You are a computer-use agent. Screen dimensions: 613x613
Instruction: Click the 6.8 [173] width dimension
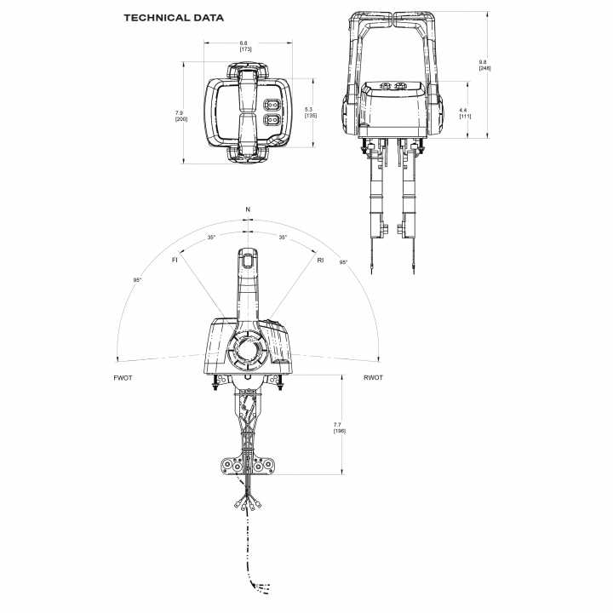pos(245,46)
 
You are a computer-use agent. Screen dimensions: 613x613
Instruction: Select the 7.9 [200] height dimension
pos(180,116)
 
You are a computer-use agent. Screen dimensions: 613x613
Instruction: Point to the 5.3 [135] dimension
pos(311,112)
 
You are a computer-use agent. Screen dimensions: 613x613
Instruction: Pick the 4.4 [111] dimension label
pos(464,112)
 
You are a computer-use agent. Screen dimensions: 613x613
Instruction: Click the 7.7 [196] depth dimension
pos(339,427)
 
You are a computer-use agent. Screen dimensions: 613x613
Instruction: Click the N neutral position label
pos(248,209)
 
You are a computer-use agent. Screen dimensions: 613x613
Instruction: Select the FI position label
pos(175,259)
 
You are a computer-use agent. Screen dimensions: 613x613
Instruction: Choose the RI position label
pos(320,259)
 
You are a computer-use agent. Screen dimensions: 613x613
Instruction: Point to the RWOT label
pos(373,376)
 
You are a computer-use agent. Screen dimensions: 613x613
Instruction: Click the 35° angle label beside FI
pos(211,238)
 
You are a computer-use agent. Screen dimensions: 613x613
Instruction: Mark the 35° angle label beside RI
pos(283,238)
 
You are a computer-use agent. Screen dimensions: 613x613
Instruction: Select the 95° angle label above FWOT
pos(137,280)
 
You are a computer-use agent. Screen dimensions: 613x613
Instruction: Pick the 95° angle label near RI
pos(343,263)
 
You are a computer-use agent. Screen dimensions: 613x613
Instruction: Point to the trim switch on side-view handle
pos(246,261)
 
